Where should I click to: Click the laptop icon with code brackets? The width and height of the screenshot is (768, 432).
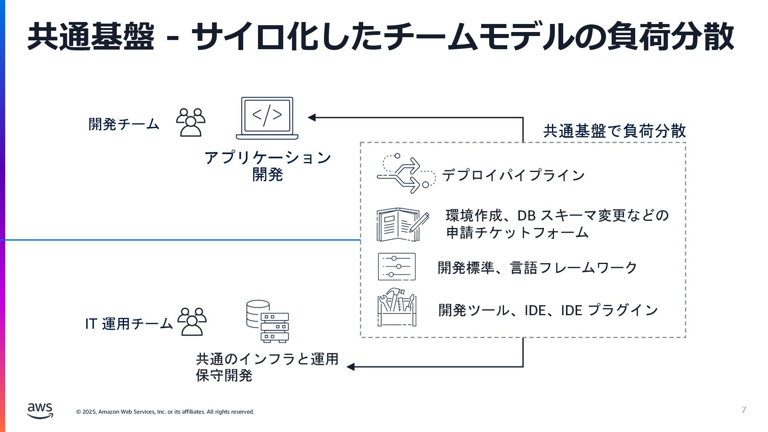click(267, 118)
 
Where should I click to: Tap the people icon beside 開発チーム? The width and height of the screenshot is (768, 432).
click(190, 122)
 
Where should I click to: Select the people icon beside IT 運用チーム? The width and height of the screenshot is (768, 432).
click(192, 322)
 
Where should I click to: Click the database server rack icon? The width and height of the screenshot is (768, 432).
click(267, 321)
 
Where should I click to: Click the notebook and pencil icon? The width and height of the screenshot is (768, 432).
click(402, 224)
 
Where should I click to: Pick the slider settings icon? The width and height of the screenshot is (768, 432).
click(396, 266)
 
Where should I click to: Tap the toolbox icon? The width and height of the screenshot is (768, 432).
click(396, 307)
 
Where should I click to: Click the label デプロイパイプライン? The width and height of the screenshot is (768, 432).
click(513, 175)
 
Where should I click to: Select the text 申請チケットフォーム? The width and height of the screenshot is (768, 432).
click(517, 232)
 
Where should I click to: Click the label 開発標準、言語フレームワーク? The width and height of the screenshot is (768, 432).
click(537, 268)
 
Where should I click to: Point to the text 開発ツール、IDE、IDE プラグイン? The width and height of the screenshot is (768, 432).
click(548, 310)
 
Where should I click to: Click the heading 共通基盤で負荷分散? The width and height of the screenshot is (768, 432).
click(614, 131)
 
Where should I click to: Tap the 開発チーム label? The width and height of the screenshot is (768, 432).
click(124, 124)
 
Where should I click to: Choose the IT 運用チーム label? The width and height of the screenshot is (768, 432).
click(129, 324)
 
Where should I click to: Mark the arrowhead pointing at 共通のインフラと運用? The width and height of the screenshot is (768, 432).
click(351, 367)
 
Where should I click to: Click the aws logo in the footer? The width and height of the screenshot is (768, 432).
click(40, 410)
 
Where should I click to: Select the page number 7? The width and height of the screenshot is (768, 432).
click(744, 410)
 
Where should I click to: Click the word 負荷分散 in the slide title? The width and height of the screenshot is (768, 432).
click(670, 37)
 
